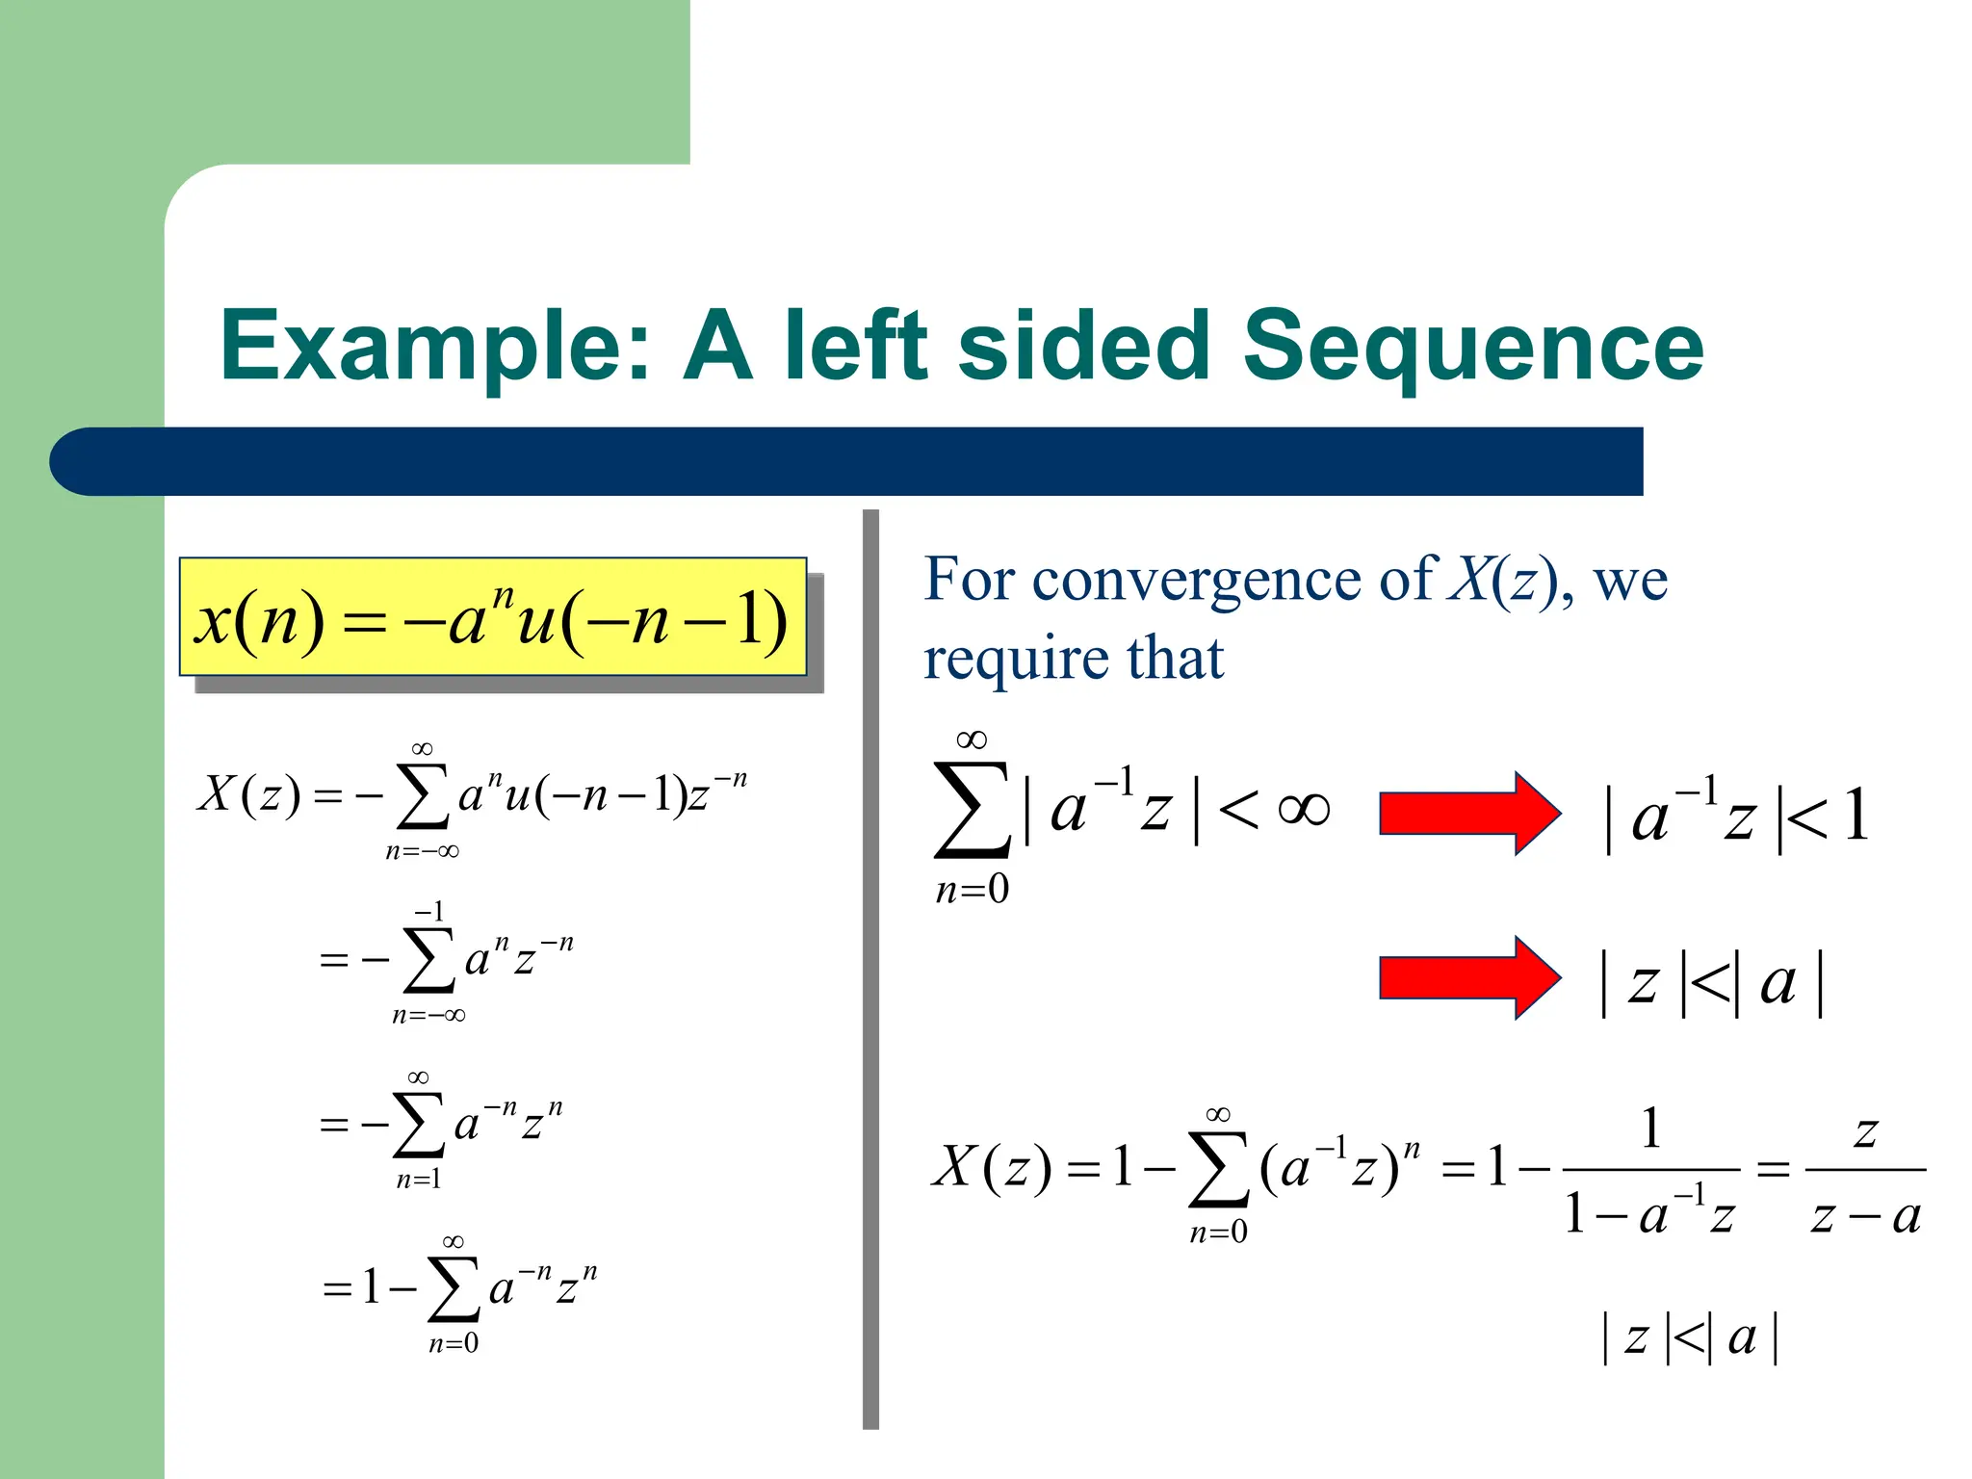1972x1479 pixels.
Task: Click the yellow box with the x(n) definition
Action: [492, 616]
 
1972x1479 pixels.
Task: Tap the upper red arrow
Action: [1468, 814]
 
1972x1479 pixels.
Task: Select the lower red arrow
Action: [1468, 977]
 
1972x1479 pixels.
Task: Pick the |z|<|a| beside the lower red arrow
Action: [1710, 983]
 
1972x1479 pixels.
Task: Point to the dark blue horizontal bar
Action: [847, 461]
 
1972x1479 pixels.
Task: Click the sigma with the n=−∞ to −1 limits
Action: [429, 959]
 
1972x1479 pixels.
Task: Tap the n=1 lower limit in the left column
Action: [419, 1180]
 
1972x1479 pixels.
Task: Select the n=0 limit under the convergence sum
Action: [973, 889]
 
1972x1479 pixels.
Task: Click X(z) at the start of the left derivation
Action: [248, 795]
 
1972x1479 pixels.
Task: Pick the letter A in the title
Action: [716, 347]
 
